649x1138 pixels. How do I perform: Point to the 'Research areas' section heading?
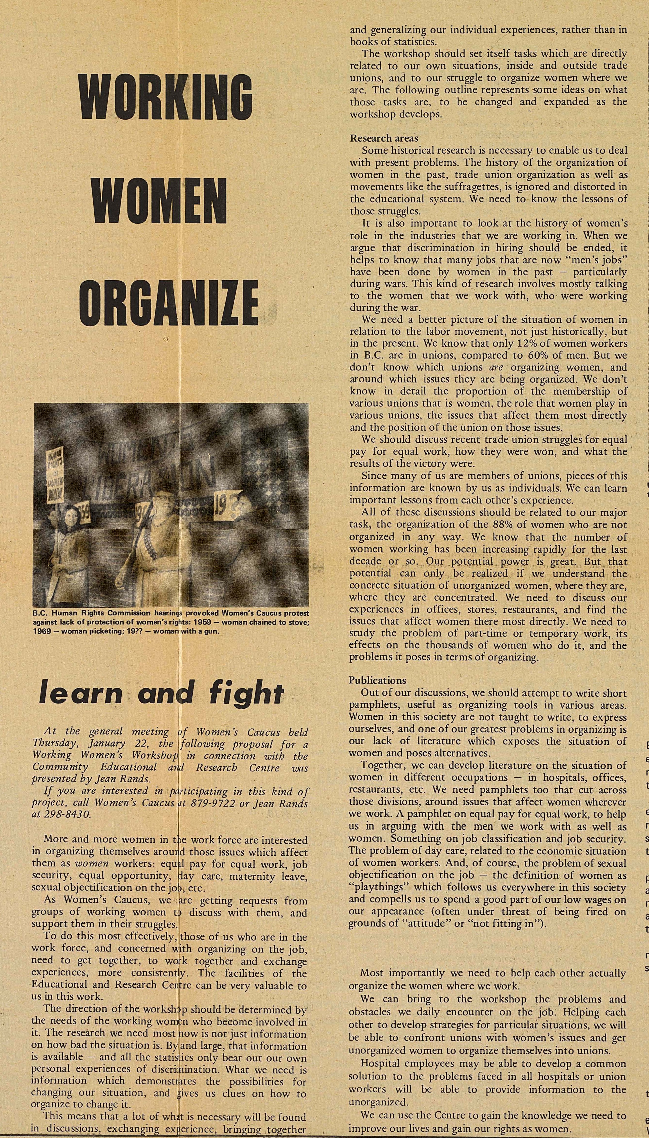click(x=384, y=138)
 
